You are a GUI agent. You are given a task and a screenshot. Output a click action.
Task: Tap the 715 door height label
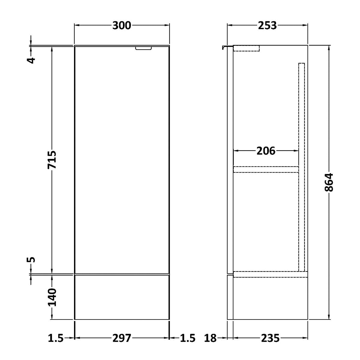click(x=52, y=160)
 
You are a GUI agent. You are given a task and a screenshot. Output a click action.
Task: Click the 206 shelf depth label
click(x=266, y=151)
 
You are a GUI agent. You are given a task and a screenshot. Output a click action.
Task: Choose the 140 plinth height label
click(x=52, y=297)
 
